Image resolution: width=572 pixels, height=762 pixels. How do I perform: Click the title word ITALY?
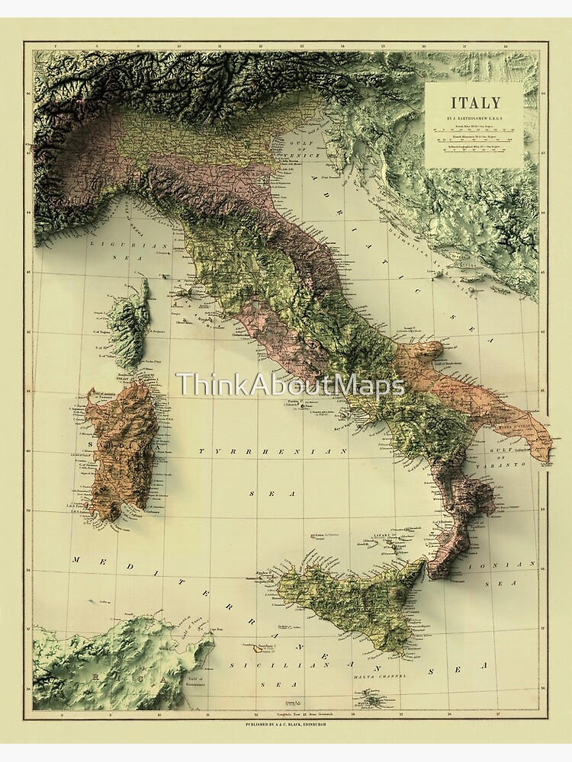(474, 103)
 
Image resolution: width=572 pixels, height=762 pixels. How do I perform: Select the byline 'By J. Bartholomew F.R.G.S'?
(474, 120)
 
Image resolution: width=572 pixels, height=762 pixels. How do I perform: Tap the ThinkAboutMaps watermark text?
(291, 386)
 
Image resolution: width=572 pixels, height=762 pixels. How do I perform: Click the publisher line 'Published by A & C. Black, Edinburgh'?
(286, 722)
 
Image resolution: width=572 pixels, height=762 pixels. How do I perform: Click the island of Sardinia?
(122, 450)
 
